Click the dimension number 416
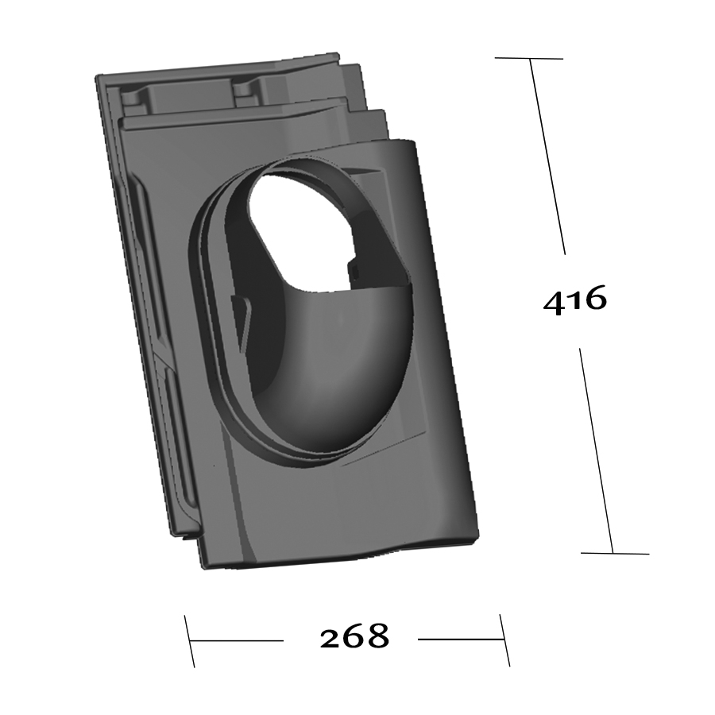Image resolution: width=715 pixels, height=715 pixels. (x=575, y=300)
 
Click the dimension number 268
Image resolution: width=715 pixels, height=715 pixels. (x=354, y=636)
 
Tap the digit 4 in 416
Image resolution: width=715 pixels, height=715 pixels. (x=553, y=303)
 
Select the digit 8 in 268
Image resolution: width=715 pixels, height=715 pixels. (x=378, y=636)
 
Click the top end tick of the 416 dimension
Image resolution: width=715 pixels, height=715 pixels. (x=529, y=58)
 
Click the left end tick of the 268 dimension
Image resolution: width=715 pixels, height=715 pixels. (x=190, y=641)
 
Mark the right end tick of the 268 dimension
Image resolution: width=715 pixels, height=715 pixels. (x=504, y=640)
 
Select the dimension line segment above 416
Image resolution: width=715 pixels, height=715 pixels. (x=547, y=157)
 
